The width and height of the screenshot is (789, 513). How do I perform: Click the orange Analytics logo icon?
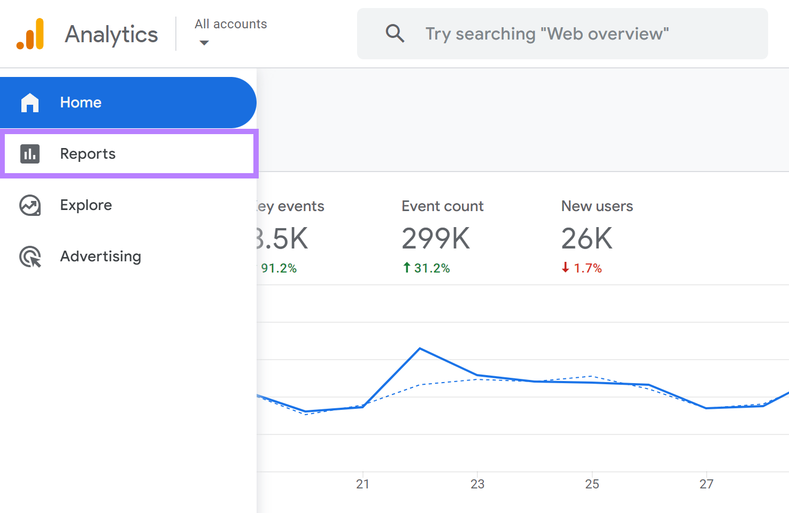coord(30,34)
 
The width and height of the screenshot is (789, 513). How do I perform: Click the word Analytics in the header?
coord(111,34)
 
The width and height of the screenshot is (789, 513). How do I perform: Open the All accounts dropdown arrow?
coord(204,43)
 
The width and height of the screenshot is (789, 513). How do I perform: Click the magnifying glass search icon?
coord(394,34)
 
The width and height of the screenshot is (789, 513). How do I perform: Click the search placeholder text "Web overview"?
coord(547,34)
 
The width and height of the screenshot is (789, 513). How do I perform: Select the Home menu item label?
coord(81,103)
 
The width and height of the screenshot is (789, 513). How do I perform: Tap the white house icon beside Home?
coord(30,103)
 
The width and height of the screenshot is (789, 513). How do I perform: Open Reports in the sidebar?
coord(88,154)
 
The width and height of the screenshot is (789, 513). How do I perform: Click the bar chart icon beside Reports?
coord(30,154)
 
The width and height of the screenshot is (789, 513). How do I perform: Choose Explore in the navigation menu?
coord(86,205)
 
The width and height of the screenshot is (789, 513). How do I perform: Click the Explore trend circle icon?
coord(30,205)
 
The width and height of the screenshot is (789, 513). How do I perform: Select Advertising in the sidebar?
coord(100,256)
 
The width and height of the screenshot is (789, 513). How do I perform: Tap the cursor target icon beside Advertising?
coord(30,257)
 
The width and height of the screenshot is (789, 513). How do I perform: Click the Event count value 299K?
coord(436,238)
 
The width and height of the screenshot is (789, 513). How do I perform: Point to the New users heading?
coord(597,206)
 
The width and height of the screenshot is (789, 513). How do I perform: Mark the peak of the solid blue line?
coord(420,348)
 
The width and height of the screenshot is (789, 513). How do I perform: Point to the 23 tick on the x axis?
coord(477,484)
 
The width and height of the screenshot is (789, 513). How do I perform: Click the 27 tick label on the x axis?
coord(706,484)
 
